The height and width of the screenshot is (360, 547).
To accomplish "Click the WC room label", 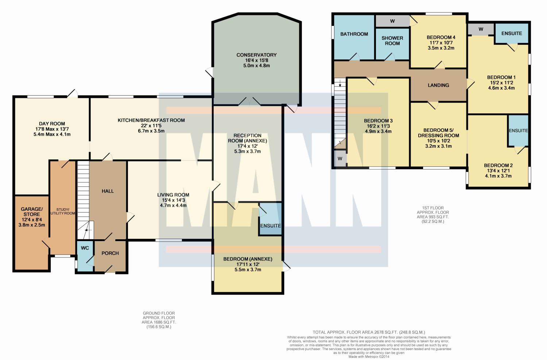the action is pyautogui.click(x=85, y=248).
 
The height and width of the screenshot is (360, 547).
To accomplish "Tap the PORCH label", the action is pyautogui.click(x=110, y=253).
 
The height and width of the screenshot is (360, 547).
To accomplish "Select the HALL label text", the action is pyautogui.click(x=108, y=191).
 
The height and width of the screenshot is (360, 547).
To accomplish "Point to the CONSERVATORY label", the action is pyautogui.click(x=256, y=55).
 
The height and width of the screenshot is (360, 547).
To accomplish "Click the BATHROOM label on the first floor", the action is pyautogui.click(x=354, y=34).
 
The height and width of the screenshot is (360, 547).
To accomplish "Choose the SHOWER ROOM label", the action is pyautogui.click(x=392, y=41).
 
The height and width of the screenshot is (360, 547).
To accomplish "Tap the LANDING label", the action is pyautogui.click(x=438, y=85).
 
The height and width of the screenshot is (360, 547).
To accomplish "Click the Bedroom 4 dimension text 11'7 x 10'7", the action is pyautogui.click(x=441, y=43).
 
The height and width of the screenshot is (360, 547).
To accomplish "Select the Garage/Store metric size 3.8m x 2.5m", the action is pyautogui.click(x=32, y=225).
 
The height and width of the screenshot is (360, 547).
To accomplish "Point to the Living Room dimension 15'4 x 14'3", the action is pyautogui.click(x=173, y=200).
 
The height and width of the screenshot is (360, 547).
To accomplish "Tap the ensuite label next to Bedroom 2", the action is pyautogui.click(x=518, y=131).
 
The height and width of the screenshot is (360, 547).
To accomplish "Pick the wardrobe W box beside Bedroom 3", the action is pyautogui.click(x=340, y=159).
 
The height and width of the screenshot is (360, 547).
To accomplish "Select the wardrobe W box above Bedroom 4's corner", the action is pyautogui.click(x=392, y=21).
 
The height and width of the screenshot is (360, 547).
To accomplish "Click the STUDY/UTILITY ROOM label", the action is pyautogui.click(x=63, y=211).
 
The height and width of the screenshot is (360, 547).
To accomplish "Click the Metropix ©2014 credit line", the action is pyautogui.click(x=369, y=357).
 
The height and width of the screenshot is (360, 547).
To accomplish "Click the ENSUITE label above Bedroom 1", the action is pyautogui.click(x=512, y=34).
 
